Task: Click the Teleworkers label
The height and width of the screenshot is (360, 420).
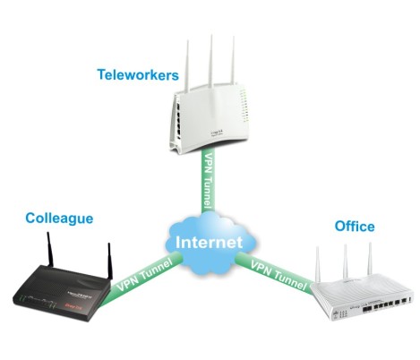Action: (138, 74)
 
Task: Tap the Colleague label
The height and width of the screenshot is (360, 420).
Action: (59, 219)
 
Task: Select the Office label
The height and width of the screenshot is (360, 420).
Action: (355, 227)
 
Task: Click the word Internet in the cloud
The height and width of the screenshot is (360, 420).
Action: (209, 242)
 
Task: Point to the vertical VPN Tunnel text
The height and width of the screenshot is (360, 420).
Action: (208, 181)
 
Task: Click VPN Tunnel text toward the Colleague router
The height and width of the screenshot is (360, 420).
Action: (145, 275)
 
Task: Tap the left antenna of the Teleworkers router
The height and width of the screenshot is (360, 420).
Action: (187, 65)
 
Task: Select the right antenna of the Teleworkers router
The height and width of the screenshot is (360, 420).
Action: (233, 60)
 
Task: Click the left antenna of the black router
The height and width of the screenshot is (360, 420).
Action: (50, 250)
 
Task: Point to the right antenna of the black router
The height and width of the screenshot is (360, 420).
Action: (110, 261)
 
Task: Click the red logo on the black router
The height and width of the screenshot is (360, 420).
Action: (73, 305)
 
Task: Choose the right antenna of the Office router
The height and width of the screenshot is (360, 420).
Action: (371, 259)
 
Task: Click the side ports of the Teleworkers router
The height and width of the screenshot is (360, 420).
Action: (178, 120)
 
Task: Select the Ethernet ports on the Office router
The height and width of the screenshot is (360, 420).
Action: (383, 305)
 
